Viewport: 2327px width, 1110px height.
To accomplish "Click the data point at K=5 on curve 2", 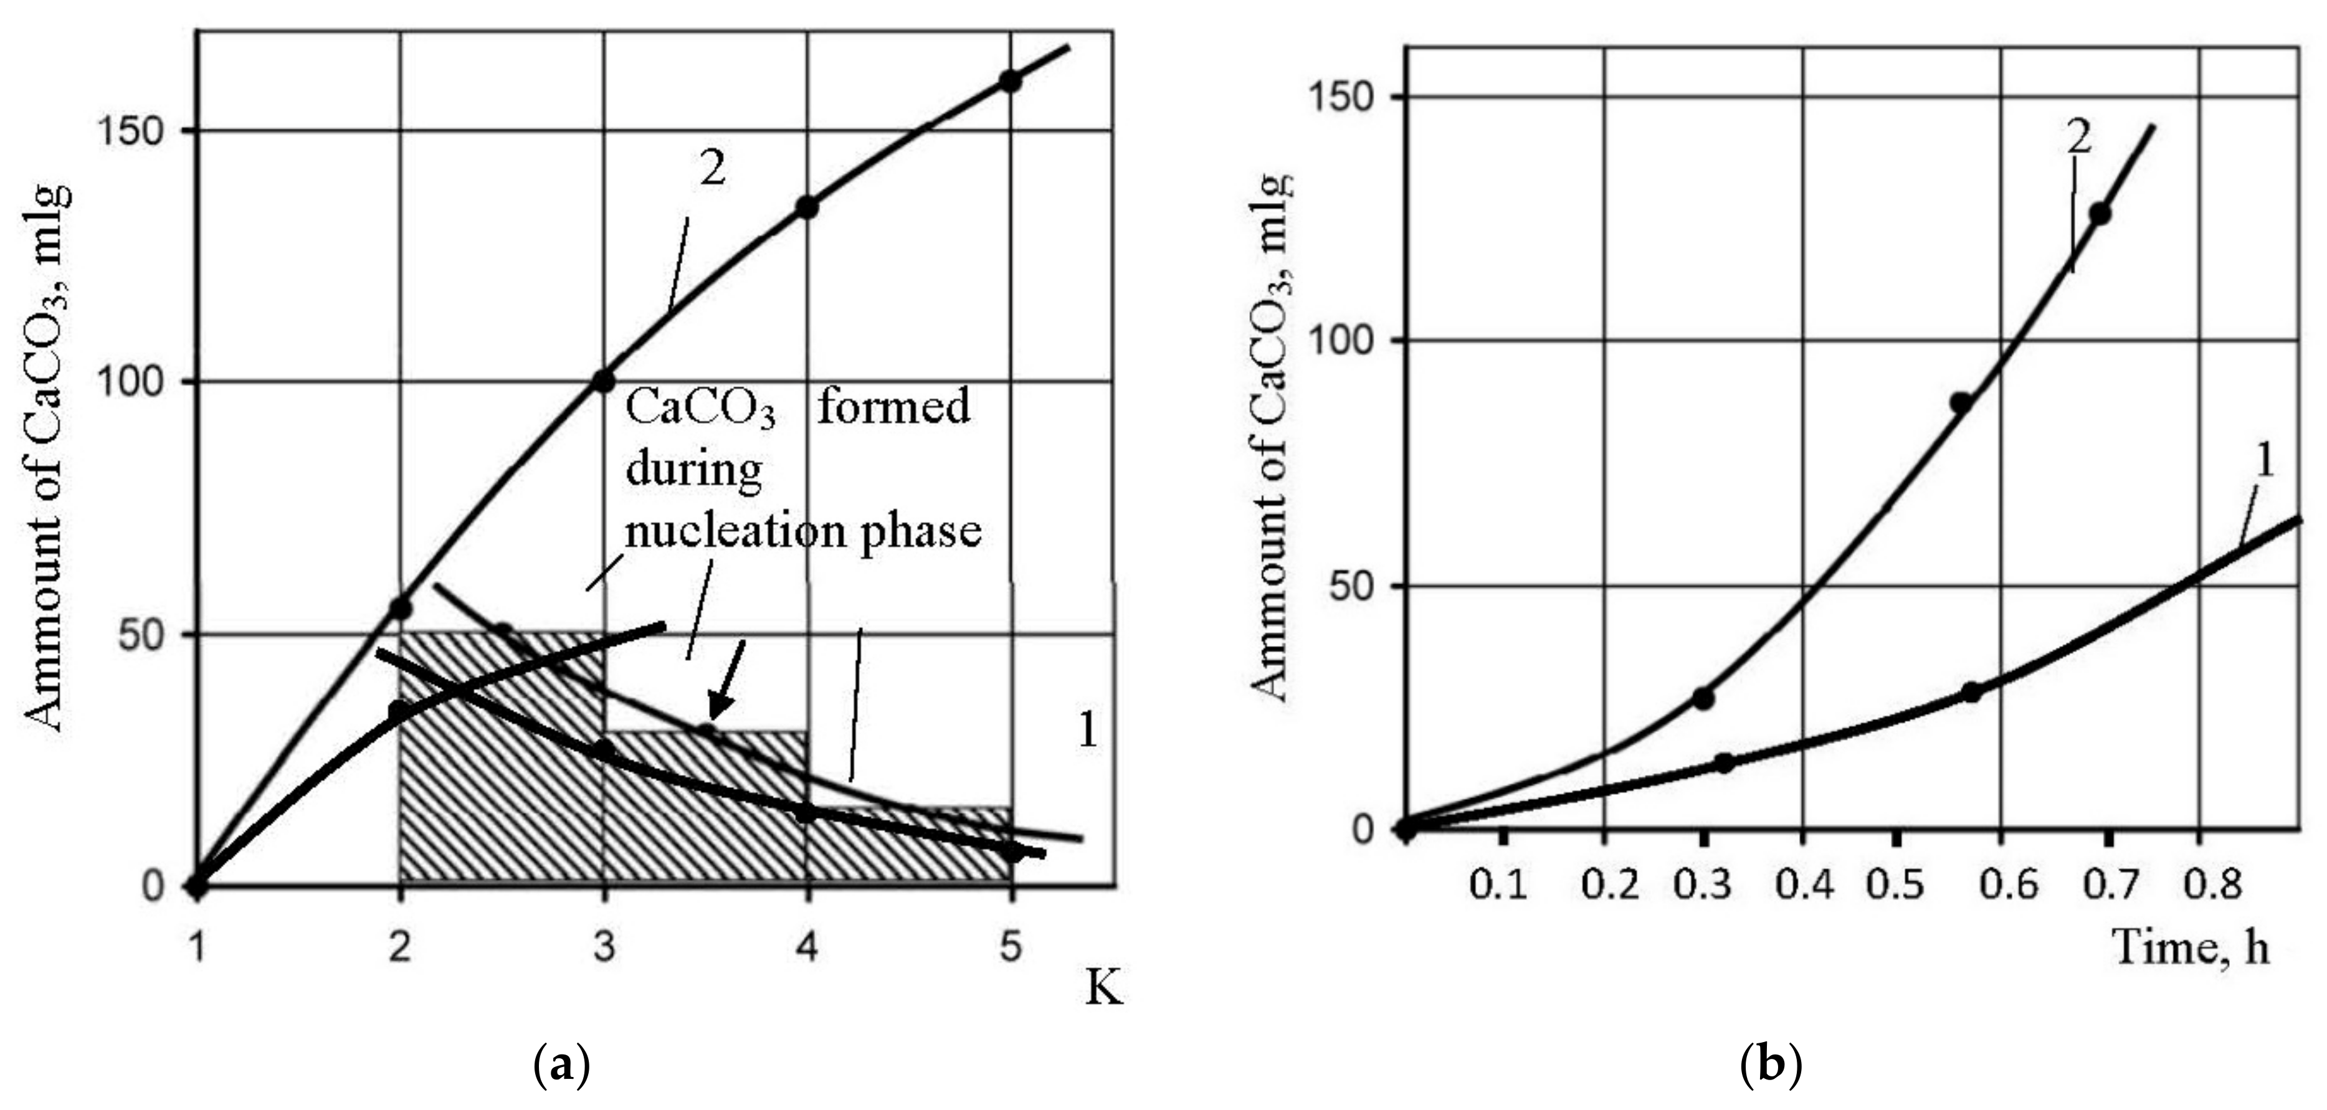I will pos(1010,81).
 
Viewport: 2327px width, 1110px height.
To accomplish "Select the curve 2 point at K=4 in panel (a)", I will pos(807,207).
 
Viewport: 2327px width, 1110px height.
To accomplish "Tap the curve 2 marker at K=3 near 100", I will pos(604,381).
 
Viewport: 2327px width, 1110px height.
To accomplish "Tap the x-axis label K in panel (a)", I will pos(1103,989).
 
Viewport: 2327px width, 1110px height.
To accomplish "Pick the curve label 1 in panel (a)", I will pos(1088,730).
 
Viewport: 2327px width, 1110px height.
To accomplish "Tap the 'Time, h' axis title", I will pos(2191,947).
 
